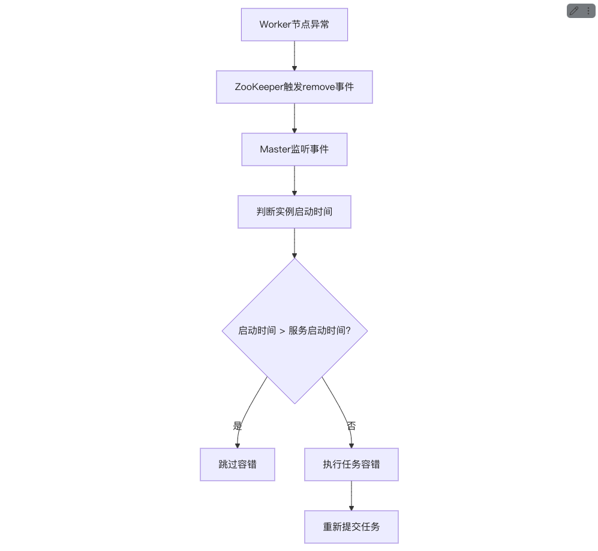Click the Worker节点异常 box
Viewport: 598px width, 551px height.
tap(295, 25)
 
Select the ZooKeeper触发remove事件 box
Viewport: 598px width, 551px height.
tap(295, 87)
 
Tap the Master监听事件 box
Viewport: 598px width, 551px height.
tap(295, 149)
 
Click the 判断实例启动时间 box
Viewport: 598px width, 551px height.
tap(295, 212)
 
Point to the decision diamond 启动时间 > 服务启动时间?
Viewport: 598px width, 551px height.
tap(295, 331)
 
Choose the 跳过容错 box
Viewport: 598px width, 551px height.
tap(237, 465)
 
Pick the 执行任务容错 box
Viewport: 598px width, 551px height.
tap(351, 465)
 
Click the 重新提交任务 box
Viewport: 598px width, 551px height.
tap(351, 527)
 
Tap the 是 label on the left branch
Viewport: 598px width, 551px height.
tap(237, 426)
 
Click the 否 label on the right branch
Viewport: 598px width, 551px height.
tap(351, 426)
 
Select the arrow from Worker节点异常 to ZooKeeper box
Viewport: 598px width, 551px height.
tap(295, 56)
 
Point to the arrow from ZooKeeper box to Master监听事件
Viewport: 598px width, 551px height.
tap(295, 118)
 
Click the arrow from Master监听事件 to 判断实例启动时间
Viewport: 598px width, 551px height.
tap(295, 181)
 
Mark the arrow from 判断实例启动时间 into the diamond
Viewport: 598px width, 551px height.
tap(295, 244)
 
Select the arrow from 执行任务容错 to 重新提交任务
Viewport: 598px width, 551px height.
tap(351, 496)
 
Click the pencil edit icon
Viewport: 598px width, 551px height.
tap(574, 11)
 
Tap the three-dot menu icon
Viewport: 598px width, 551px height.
tap(588, 11)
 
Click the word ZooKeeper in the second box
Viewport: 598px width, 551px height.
tap(259, 87)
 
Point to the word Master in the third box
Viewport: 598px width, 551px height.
tap(275, 149)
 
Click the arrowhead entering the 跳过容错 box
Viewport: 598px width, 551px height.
tap(237, 446)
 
